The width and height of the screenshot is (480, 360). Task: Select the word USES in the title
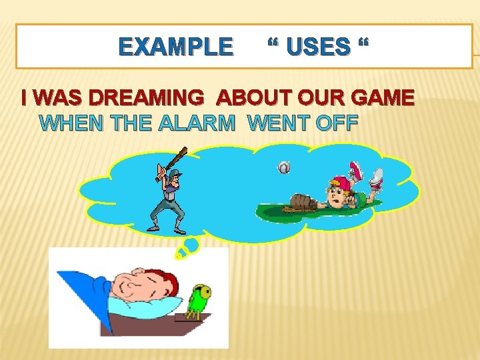[317, 47]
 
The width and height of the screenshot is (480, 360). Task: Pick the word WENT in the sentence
[275, 123]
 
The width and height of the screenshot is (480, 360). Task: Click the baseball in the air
[284, 168]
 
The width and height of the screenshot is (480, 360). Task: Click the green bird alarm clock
[199, 299]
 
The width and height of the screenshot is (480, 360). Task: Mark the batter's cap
[175, 174]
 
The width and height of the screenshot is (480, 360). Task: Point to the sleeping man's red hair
[171, 283]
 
